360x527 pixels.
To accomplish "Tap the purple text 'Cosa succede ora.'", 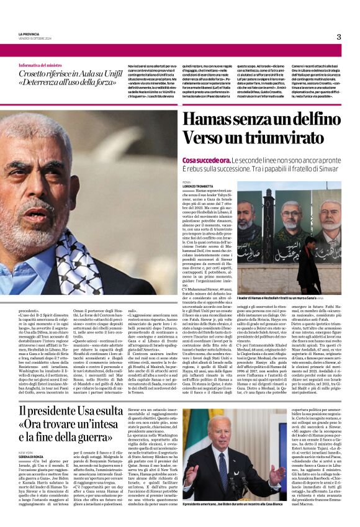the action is tap(204, 160).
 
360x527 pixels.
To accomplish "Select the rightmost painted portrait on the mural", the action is tap(330, 223).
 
